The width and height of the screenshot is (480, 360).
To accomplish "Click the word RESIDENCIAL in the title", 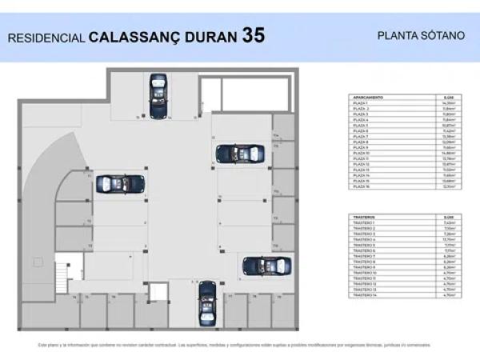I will [x=46, y=37].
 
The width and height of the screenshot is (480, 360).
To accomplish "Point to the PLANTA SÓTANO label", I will [x=410, y=35].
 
